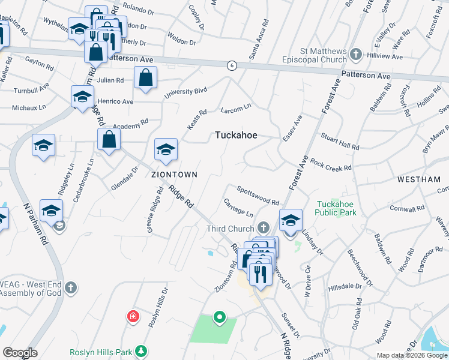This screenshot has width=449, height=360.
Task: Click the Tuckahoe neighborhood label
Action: coord(236,136)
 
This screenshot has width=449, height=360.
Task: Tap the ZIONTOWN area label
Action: coord(174,175)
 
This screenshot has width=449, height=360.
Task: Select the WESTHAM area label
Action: coord(418,180)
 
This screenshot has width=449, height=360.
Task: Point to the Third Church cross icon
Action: coord(263,228)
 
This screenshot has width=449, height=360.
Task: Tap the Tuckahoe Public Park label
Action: coord(336,208)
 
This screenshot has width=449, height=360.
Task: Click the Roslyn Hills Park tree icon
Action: coord(141,350)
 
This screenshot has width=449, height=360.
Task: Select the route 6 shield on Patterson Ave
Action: coord(231,64)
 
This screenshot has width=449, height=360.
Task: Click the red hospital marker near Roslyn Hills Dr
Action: coord(131,316)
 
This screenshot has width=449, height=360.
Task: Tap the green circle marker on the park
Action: coord(220,317)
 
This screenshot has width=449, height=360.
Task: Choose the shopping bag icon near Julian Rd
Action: coord(146,78)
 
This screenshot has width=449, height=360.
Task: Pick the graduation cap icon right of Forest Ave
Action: coord(291,220)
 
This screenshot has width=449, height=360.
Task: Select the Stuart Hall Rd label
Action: coord(340,142)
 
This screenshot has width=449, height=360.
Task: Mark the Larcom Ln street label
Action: coord(236,109)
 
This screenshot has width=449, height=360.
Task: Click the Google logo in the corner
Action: coord(20,353)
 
